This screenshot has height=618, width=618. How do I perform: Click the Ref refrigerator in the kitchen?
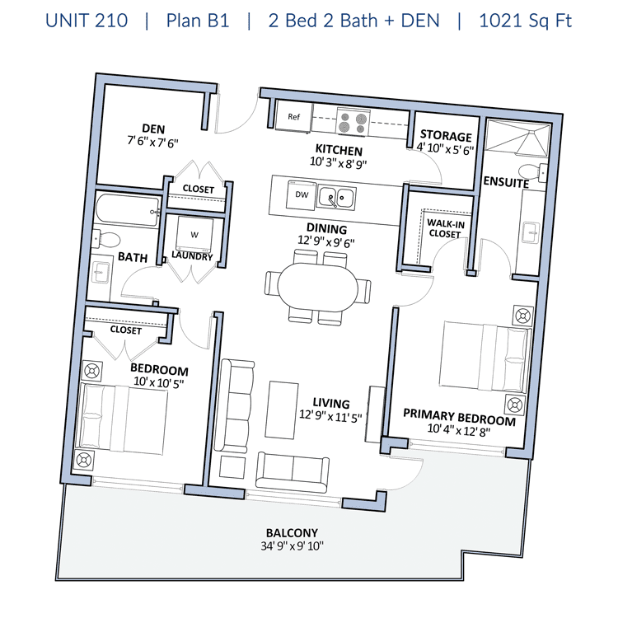pyautogui.click(x=293, y=116)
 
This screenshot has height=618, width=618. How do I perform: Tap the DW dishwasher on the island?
pyautogui.click(x=302, y=194)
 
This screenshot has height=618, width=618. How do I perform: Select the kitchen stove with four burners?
pyautogui.click(x=353, y=122)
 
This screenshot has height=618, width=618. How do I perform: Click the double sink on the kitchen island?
pyautogui.click(x=337, y=198)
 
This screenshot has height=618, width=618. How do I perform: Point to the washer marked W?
pyautogui.click(x=194, y=235)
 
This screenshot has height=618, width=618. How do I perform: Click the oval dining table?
pyautogui.click(x=318, y=286)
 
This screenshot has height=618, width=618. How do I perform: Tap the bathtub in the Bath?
pyautogui.click(x=127, y=210)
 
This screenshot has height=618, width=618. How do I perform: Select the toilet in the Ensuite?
pyautogui.click(x=532, y=172)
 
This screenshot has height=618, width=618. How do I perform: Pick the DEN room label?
pyautogui.click(x=153, y=129)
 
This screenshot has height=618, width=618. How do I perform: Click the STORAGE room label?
pyautogui.click(x=446, y=136)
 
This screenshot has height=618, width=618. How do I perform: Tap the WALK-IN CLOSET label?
pyautogui.click(x=445, y=229)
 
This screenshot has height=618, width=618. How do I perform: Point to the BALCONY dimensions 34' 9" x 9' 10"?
pyautogui.click(x=292, y=545)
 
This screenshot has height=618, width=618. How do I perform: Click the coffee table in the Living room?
pyautogui.click(x=282, y=410)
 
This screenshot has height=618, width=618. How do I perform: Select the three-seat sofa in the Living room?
pyautogui.click(x=236, y=405)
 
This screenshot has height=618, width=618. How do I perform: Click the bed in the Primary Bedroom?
pyautogui.click(x=485, y=357)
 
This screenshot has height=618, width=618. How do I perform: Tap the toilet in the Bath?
pyautogui.click(x=105, y=239)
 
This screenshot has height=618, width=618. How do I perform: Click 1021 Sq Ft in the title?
pyautogui.click(x=525, y=21)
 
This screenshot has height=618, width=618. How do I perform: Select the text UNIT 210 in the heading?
pyautogui.click(x=87, y=21)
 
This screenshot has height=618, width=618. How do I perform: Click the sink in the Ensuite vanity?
pyautogui.click(x=531, y=233)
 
